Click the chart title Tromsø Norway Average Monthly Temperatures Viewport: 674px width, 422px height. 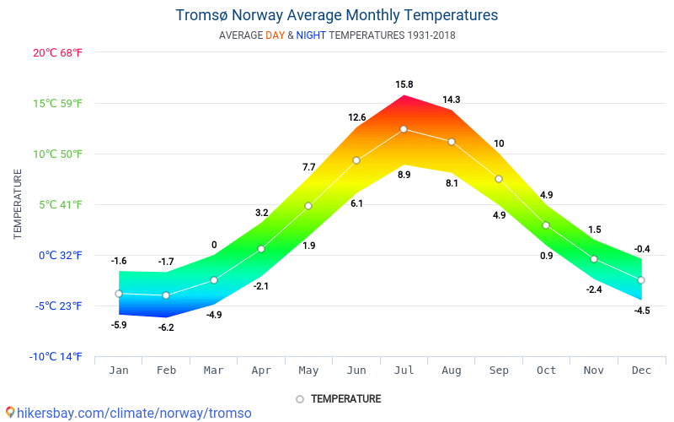pyautogui.click(x=336, y=15)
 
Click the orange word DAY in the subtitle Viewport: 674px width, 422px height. pyautogui.click(x=275, y=35)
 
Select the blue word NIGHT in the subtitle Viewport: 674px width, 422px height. pyautogui.click(x=311, y=35)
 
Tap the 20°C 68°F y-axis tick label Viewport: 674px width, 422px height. pyautogui.click(x=58, y=52)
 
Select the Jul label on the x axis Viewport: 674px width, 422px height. pyautogui.click(x=404, y=370)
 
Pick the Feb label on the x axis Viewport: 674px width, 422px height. pyautogui.click(x=166, y=370)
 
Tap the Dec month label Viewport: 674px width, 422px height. pyautogui.click(x=641, y=370)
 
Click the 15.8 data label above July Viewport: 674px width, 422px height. pyautogui.click(x=404, y=84)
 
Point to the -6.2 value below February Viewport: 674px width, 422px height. pyautogui.click(x=166, y=327)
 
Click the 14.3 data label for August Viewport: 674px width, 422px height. pyautogui.click(x=452, y=100)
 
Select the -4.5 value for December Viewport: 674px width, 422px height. pyautogui.click(x=642, y=311)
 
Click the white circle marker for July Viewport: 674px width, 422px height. pyautogui.click(x=404, y=129)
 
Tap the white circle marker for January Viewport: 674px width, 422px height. pyautogui.click(x=119, y=294)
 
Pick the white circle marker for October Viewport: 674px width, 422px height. pyautogui.click(x=546, y=225)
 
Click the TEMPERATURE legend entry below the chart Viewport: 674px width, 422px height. pyautogui.click(x=345, y=398)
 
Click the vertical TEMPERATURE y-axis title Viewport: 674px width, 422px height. pyautogui.click(x=18, y=203)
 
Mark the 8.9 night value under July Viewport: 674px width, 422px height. pyautogui.click(x=404, y=175)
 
